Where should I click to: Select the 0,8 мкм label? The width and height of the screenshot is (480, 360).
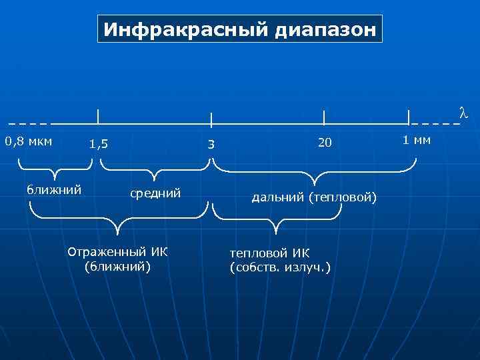[29, 141]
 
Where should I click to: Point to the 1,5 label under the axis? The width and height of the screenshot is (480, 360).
[99, 144]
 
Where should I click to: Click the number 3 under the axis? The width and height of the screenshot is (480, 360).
[211, 145]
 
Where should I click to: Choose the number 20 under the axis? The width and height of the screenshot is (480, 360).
[325, 143]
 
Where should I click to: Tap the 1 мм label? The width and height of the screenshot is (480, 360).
[417, 140]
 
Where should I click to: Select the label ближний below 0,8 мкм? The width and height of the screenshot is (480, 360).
[54, 190]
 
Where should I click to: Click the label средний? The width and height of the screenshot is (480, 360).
[155, 193]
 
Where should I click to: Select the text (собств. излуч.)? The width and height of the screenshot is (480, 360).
[279, 267]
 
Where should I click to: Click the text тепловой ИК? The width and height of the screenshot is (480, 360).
[269, 253]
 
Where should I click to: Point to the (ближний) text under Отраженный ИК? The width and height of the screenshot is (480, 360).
[118, 267]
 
